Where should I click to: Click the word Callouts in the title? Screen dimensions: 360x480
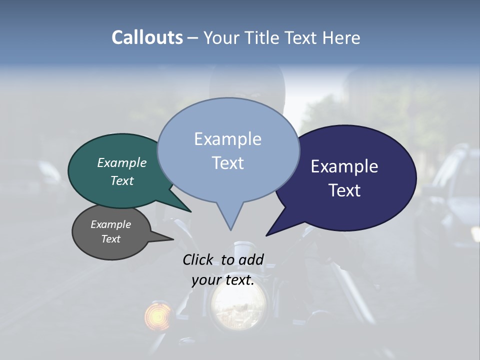tap(147, 37)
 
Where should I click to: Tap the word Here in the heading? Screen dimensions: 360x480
tap(341, 37)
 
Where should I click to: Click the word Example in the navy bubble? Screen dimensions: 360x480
tap(344, 166)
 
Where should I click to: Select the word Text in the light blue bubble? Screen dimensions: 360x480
tap(228, 163)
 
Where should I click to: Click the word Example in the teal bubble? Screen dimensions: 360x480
tap(122, 162)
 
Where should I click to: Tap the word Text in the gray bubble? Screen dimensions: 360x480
tap(111, 239)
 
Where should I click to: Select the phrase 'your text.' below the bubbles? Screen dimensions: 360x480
tap(223, 280)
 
